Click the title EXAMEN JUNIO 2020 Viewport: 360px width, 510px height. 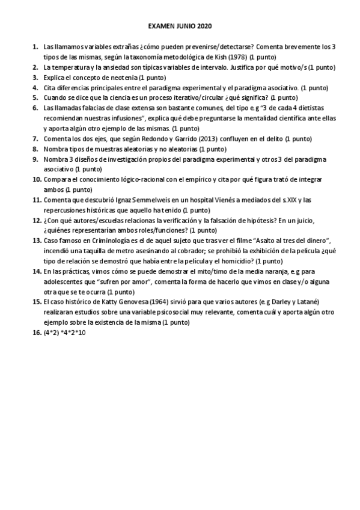pyautogui.click(x=180, y=27)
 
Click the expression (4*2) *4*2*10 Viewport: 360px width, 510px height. pyautogui.click(x=65, y=333)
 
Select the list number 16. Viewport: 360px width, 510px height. pyautogui.click(x=35, y=333)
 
